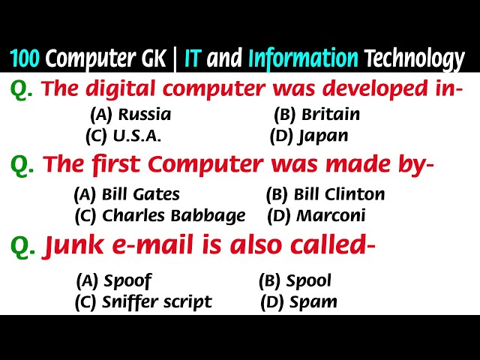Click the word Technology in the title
coord(414,58)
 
